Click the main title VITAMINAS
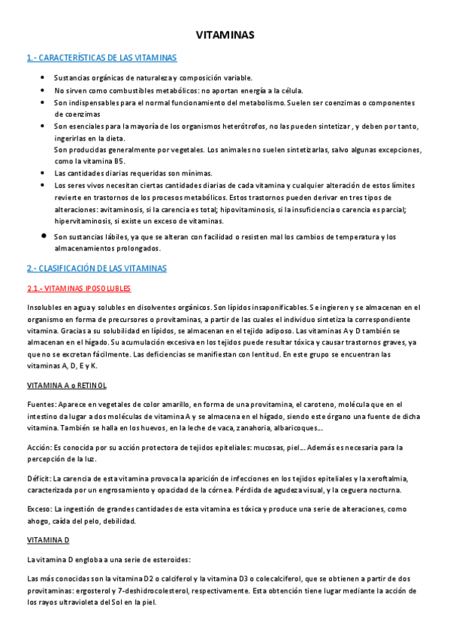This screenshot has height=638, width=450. click(x=225, y=35)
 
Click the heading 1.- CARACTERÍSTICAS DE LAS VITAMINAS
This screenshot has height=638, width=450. click(x=101, y=58)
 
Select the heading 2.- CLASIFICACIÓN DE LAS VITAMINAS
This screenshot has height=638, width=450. click(x=97, y=269)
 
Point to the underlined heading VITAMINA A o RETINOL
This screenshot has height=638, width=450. click(x=66, y=385)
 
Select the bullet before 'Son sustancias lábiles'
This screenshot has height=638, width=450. click(x=44, y=236)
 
